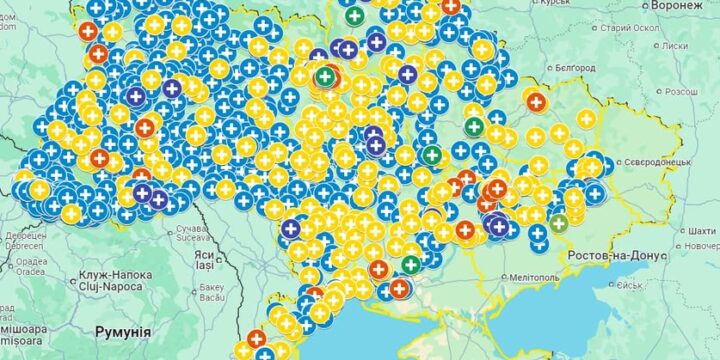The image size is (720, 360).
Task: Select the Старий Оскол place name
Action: coord(631,27)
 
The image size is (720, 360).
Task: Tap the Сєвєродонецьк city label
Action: coord(652,160)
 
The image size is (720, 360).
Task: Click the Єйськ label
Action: coord(629,285)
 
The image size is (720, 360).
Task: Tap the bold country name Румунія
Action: coord(123,331)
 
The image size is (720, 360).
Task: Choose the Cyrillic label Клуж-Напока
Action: coord(116,273)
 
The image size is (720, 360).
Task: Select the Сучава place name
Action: coord(187,230)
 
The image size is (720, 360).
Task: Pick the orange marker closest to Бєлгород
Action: coord(537,101)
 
